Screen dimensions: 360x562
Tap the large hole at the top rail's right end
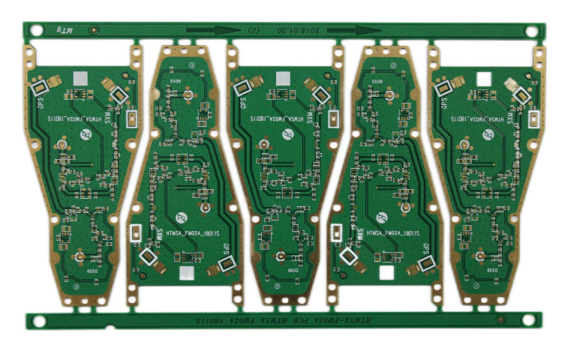click(531, 32)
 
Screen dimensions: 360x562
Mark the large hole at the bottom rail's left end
click(36, 321)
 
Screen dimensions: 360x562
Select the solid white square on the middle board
click(283, 79)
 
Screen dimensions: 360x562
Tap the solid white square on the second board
click(185, 274)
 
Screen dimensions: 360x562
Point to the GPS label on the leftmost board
click(43, 98)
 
